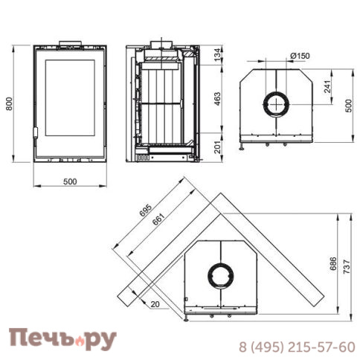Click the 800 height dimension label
[10, 104]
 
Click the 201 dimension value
[217, 150]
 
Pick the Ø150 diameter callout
[300, 55]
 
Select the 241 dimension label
[328, 88]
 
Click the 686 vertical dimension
[332, 265]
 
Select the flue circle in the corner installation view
[221, 274]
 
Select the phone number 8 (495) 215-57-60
[296, 347]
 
